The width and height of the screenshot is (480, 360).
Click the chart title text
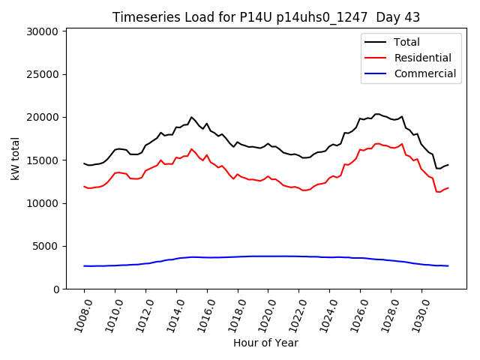[266, 16]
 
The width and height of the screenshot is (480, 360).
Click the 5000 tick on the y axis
[46, 246]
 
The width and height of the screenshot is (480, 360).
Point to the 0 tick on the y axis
[56, 289]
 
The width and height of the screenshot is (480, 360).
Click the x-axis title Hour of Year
[265, 343]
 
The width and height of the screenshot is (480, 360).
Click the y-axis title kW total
[15, 158]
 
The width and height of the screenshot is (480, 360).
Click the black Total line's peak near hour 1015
[191, 117]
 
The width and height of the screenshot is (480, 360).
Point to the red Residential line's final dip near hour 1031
[439, 192]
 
